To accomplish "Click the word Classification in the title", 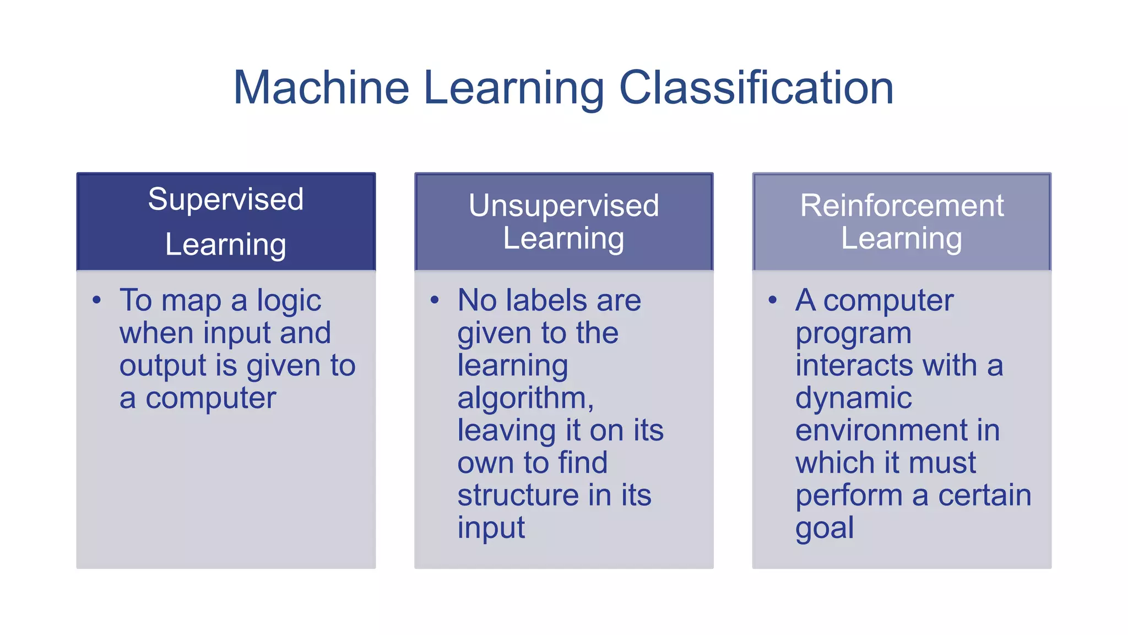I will click(x=756, y=88).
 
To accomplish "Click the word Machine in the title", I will click(x=321, y=88).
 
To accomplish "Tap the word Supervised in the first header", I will click(x=226, y=199).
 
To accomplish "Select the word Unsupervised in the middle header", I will click(x=563, y=206).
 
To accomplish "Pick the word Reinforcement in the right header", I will click(x=902, y=206).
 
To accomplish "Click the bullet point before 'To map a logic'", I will click(x=97, y=300).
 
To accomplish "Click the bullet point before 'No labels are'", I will click(x=435, y=300).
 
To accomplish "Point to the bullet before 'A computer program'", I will click(x=772, y=300).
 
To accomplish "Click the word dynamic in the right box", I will click(x=853, y=399).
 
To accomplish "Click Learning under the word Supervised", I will click(x=226, y=245).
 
